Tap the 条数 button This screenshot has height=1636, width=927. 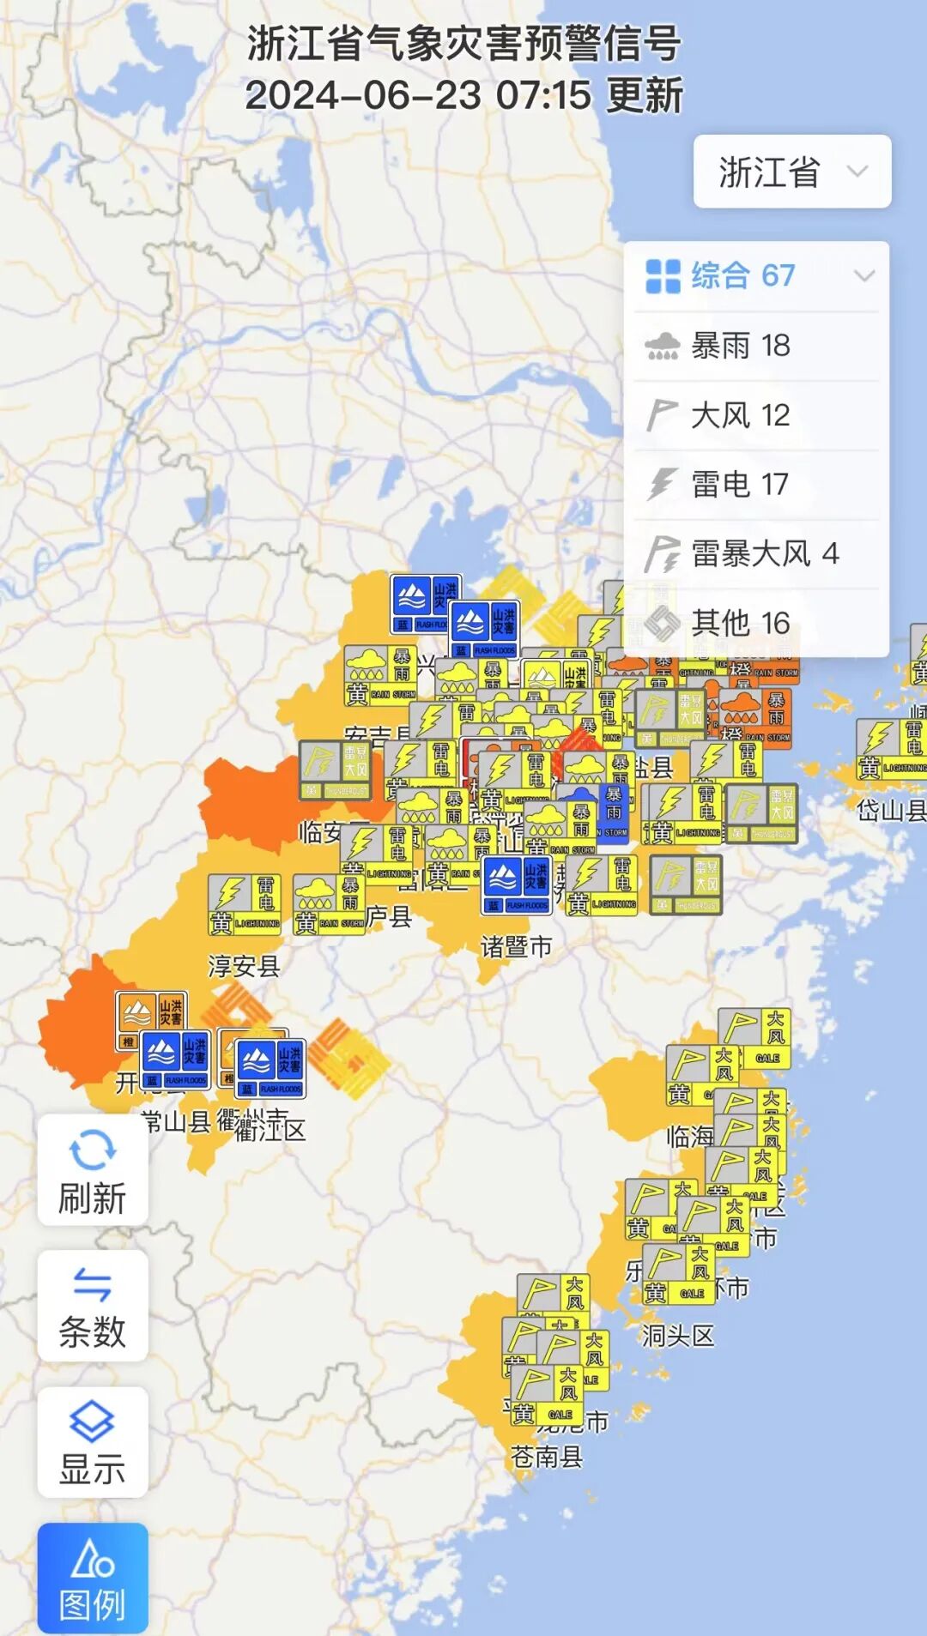(93, 1306)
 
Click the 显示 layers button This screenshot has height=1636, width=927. (93, 1442)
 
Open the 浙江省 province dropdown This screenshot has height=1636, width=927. (791, 172)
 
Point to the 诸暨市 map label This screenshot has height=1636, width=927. (516, 947)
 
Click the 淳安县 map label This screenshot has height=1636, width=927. (244, 967)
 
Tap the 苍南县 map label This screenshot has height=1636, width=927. (547, 1456)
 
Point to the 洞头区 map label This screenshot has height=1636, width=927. (678, 1336)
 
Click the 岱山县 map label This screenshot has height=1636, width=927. (891, 810)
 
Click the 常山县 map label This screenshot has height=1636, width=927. (177, 1121)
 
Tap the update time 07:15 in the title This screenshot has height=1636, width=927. (544, 95)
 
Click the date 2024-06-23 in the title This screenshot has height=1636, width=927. (362, 95)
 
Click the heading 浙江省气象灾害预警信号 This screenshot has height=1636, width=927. (464, 43)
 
